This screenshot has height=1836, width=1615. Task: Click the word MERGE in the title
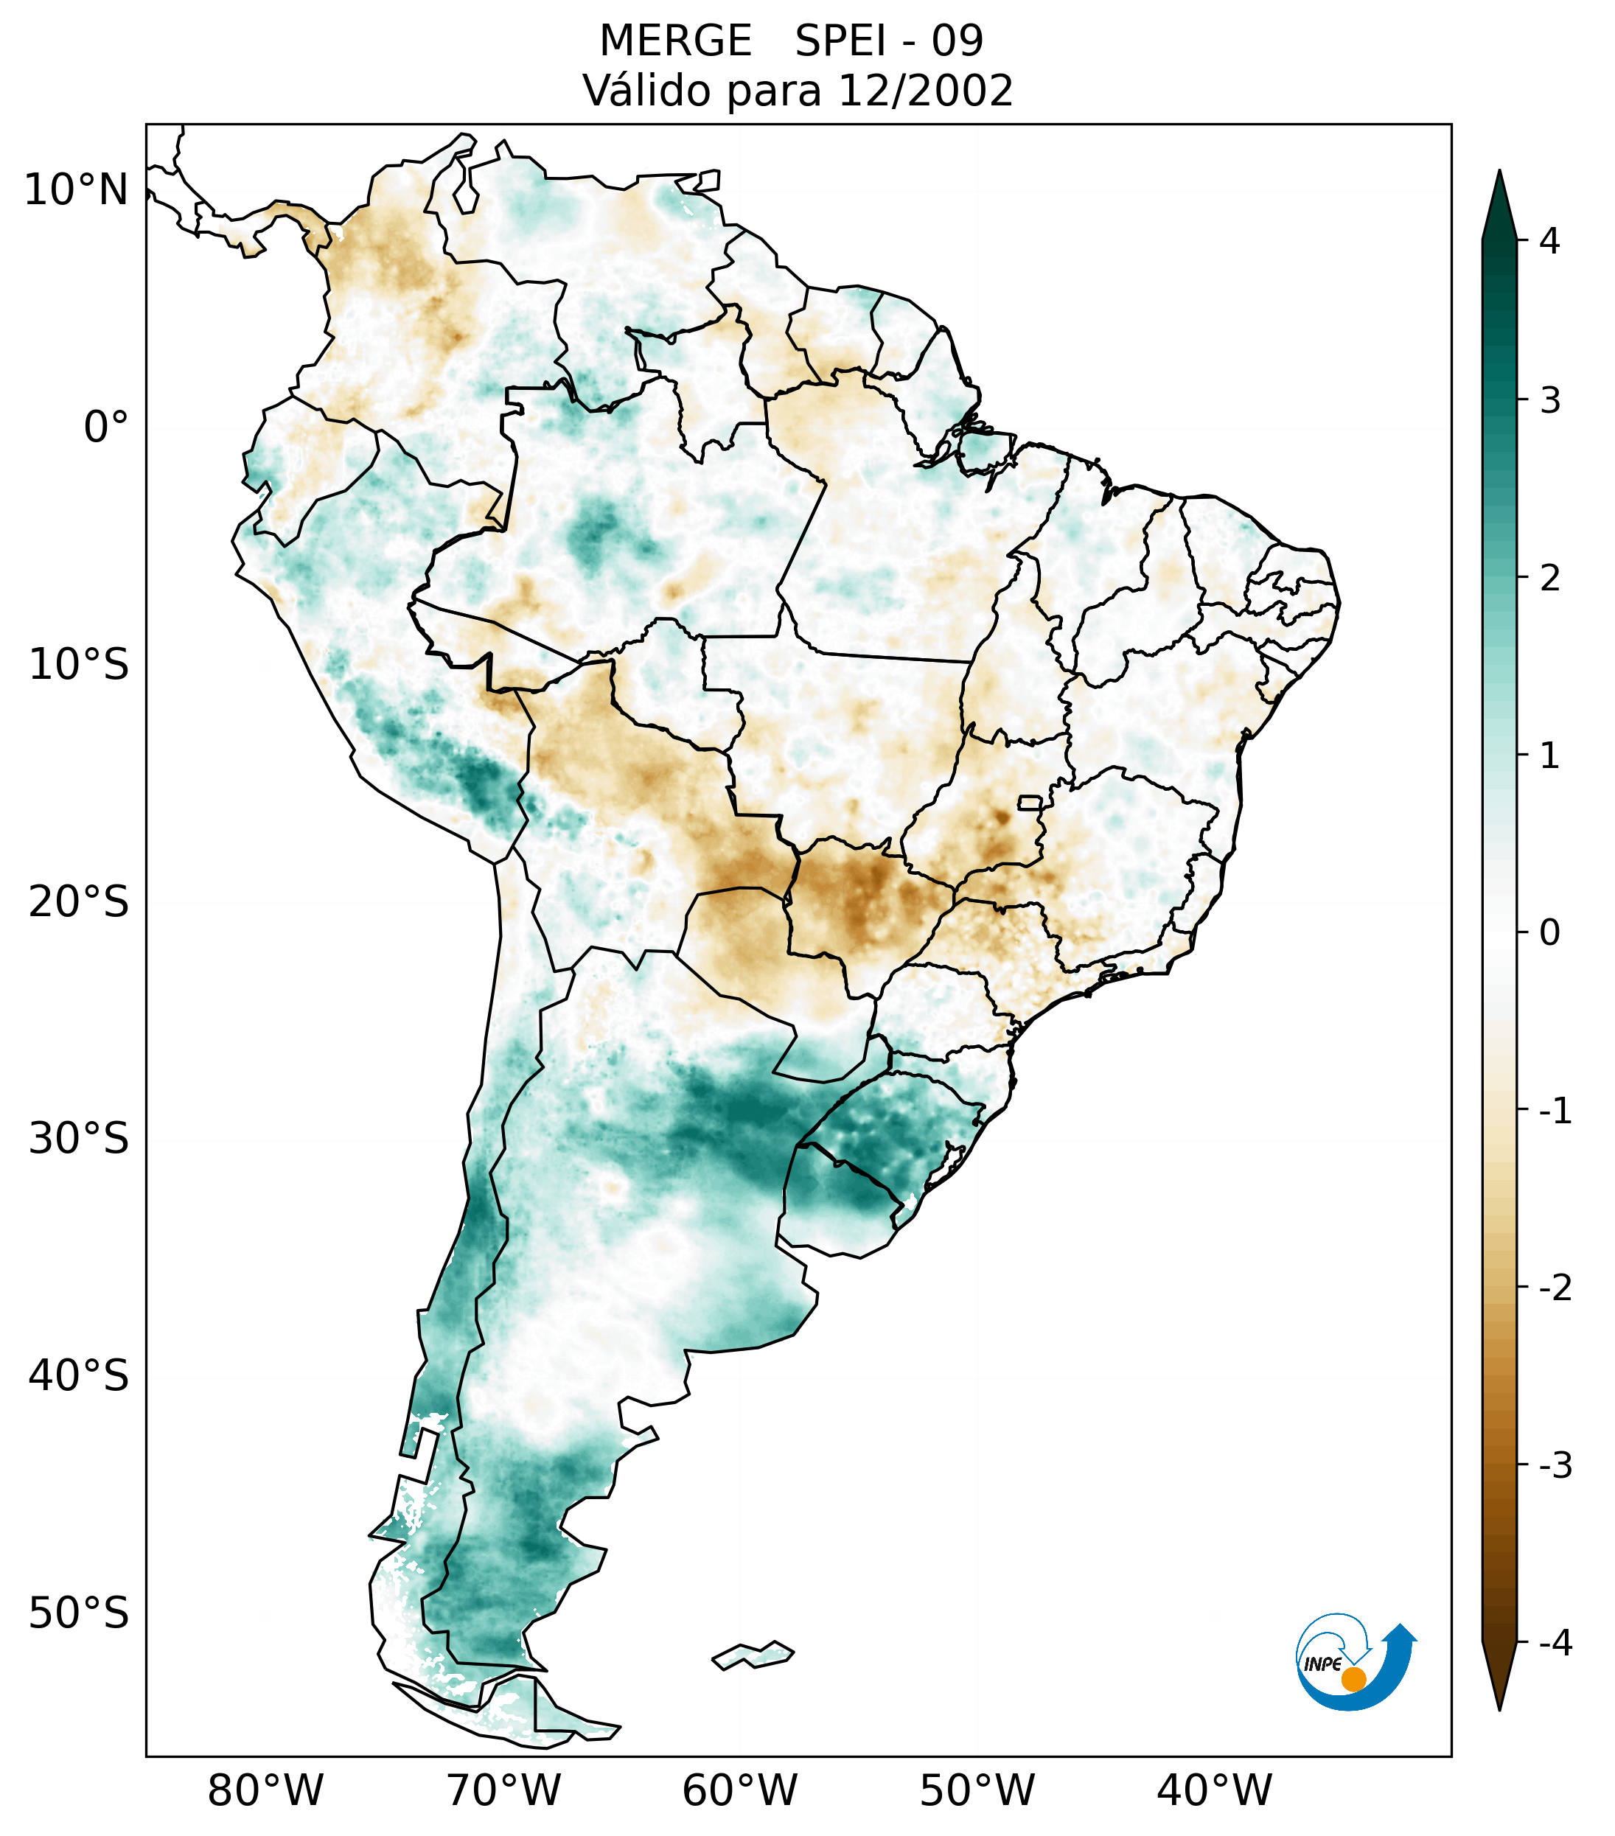point(675,41)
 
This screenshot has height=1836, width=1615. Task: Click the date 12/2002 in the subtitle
point(924,91)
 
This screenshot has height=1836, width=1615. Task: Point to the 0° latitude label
point(106,427)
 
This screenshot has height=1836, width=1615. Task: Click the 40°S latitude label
point(79,1376)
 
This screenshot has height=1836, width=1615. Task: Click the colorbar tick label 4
point(1549,241)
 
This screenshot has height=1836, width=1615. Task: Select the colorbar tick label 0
point(1549,932)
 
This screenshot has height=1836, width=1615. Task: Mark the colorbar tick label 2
point(1549,579)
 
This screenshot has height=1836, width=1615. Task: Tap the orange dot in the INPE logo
point(1353,1679)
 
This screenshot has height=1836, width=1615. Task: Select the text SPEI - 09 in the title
point(889,41)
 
